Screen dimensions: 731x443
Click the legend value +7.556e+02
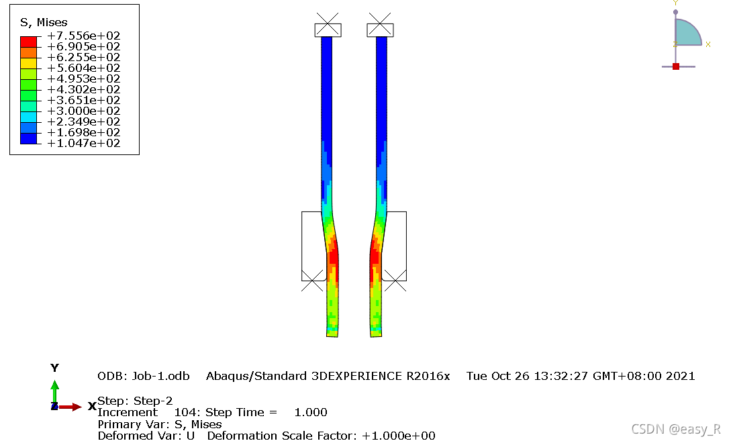[x=84, y=36]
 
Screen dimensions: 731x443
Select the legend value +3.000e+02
[x=84, y=111]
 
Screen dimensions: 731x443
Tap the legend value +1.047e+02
[x=84, y=143]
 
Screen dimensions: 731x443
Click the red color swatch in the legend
[x=28, y=42]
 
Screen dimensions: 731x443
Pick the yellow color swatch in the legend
[x=28, y=63]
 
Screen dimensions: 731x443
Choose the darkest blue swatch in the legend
[x=28, y=138]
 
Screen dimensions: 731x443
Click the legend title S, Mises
[x=44, y=22]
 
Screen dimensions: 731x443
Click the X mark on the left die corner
[x=312, y=281]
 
